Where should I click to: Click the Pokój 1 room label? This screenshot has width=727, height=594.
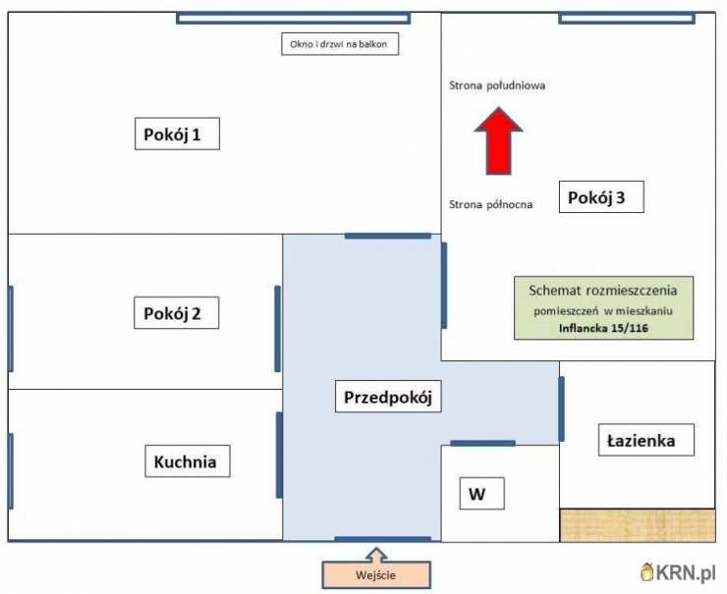pos(177,134)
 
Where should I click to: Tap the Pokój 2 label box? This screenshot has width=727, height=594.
pos(176,313)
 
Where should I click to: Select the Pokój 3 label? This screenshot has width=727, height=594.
pos(601,197)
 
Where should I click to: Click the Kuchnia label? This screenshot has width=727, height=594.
pos(188,461)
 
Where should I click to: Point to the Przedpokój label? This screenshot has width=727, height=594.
pos(388,397)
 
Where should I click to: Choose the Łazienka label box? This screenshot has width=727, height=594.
pos(646,440)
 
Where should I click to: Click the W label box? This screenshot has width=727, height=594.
pos(481,494)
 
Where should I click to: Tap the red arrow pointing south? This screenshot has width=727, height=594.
pos(498,140)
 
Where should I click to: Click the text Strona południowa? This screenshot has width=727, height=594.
pos(497,85)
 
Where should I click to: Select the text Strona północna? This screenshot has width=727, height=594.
pos(490,205)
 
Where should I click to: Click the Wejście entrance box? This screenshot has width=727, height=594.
pos(376,575)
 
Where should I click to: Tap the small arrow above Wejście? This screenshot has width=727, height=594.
pos(376,555)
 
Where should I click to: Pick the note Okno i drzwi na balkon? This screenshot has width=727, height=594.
pos(340,44)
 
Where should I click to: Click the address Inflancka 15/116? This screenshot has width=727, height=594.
pos(603,329)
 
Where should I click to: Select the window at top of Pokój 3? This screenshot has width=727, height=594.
pos(627,18)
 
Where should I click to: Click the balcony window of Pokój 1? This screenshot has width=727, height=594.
pos(293,18)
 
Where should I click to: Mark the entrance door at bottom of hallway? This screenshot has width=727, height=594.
pos(383,539)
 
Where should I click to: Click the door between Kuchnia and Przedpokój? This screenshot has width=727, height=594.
pos(279,456)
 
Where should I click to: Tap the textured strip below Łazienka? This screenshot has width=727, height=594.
pos(638,525)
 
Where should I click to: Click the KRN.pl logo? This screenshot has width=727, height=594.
pos(678,572)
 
